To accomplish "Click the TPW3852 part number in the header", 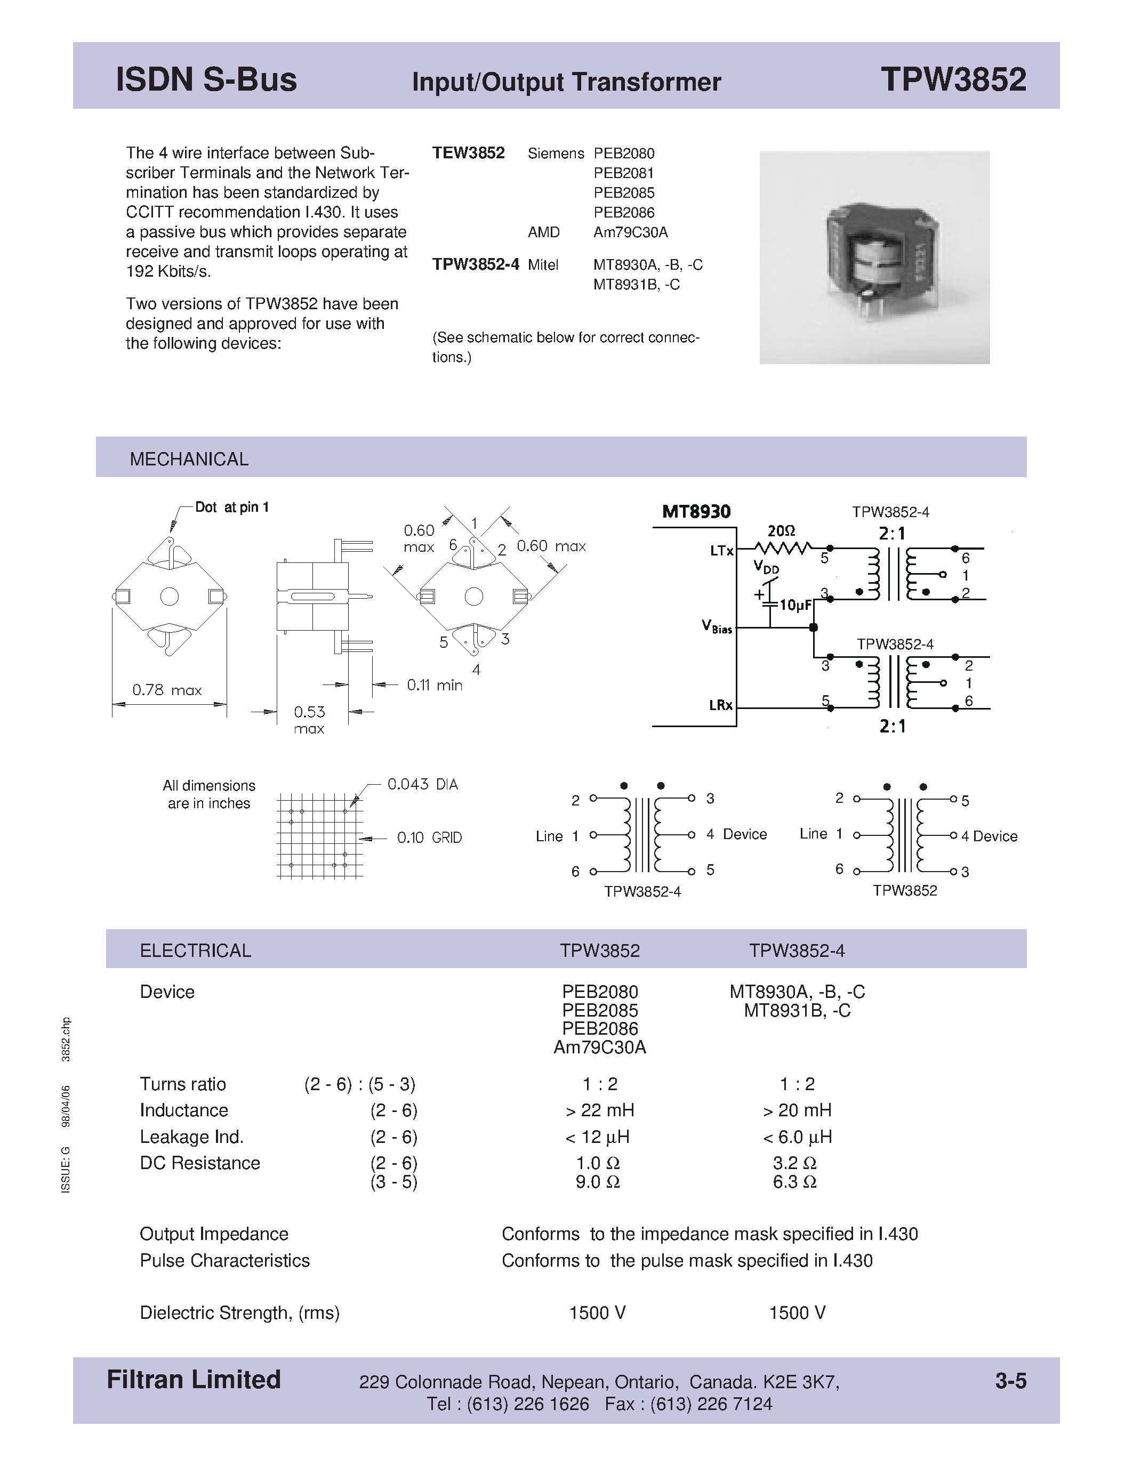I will coord(953,79).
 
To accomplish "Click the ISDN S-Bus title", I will coord(206,79).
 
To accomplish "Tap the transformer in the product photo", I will coord(876,252).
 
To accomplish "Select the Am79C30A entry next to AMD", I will coord(630,232).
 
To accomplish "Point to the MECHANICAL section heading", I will coord(189,459).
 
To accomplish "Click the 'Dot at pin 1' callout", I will coord(231,508).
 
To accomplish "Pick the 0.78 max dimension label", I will coord(166,690).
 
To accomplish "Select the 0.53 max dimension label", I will coord(309,719).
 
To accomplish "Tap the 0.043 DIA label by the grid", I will coord(422,784).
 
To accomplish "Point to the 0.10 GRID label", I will coord(429,837).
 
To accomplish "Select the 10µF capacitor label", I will coord(795,606).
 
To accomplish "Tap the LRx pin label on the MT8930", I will coord(721,705).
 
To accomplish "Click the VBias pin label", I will coord(717,627).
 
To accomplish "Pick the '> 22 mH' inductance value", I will coord(599,1111).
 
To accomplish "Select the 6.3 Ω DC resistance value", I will coord(795,1182).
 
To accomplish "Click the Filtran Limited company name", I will coord(194,1380).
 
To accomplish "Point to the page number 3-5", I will coord(1010,1381).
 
